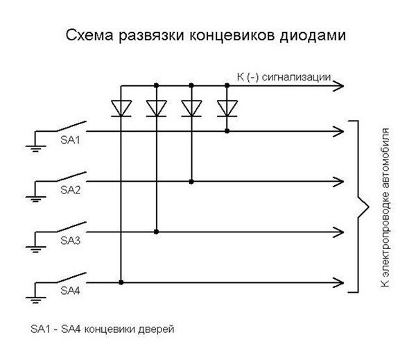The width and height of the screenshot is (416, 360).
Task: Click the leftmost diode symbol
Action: [x=121, y=108]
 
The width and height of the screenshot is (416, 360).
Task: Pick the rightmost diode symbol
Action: [x=226, y=108]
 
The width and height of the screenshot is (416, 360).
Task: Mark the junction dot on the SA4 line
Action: [x=121, y=282]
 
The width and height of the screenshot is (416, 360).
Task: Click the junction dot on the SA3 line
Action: [x=157, y=232]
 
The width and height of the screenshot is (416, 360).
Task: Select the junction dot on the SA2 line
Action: [x=191, y=181]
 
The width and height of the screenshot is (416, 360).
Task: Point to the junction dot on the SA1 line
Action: [x=226, y=130]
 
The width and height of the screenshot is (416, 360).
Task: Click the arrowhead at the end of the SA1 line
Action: [x=338, y=130]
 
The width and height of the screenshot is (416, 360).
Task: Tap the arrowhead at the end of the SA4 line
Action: [x=338, y=282]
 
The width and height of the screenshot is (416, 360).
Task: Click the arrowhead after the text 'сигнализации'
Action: [x=338, y=85]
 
